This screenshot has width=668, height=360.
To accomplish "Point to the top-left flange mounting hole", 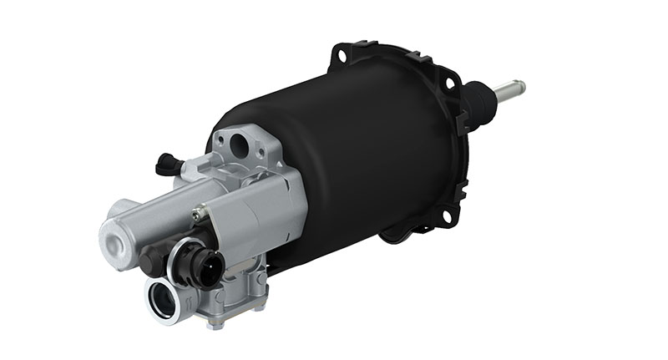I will pos(341,56).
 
